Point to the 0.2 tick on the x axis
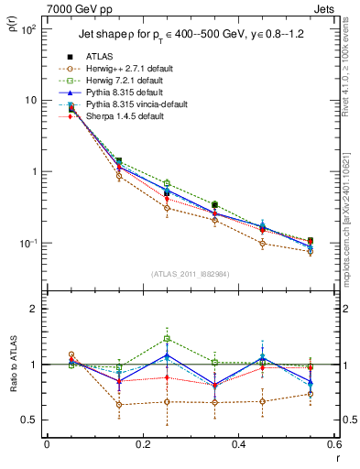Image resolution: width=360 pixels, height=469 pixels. [142, 445]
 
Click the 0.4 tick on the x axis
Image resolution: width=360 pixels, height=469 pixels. [238, 445]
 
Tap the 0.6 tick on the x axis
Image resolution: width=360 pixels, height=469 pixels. [333, 445]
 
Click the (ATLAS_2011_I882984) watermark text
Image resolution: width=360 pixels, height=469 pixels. [191, 274]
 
